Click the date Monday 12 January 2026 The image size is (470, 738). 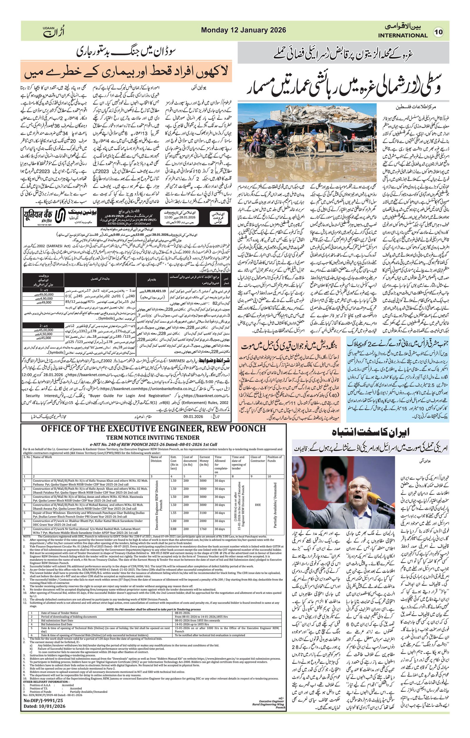[x=243, y=30]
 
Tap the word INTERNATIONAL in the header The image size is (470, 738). [x=402, y=35]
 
